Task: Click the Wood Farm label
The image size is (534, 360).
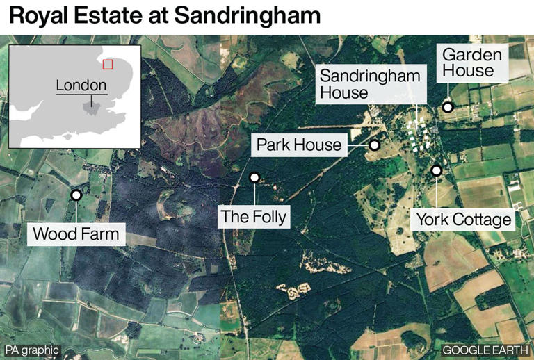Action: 76,234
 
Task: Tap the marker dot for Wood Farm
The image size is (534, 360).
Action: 76,195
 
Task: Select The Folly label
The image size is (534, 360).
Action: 253,216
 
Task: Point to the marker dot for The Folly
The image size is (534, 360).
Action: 254,178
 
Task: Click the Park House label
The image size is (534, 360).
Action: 299,145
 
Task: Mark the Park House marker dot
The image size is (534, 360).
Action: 374,145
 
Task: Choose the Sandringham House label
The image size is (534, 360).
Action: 370,84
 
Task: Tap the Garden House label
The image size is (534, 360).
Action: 468,62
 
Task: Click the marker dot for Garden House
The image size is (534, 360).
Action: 448,107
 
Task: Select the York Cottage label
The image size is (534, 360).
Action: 464,220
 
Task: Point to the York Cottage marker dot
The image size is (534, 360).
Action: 437,170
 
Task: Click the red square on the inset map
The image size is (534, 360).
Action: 107,65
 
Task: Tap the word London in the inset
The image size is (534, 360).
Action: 81,85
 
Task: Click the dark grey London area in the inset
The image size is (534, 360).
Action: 91,106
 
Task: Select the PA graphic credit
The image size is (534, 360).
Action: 32,350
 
